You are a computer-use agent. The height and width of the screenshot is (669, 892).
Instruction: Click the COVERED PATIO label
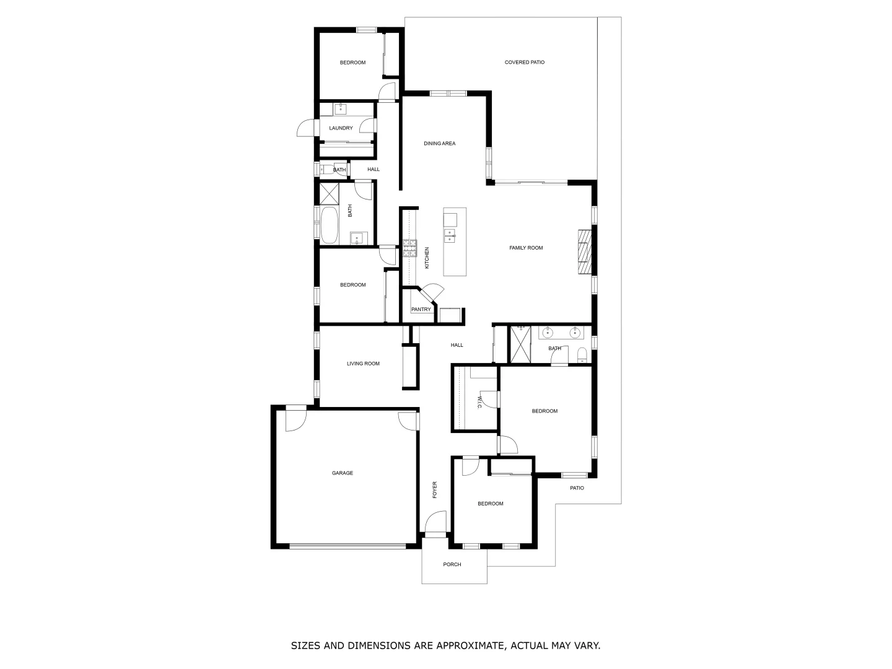click(x=524, y=62)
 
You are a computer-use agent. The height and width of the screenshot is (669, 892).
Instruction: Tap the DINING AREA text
click(x=439, y=144)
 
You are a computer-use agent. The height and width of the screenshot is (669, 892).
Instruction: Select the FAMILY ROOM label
click(x=526, y=248)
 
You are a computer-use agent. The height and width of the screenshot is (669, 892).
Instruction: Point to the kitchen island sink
click(x=450, y=235)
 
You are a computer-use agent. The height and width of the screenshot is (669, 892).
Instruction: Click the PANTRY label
click(x=421, y=310)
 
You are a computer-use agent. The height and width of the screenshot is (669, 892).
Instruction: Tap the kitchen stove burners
click(x=409, y=248)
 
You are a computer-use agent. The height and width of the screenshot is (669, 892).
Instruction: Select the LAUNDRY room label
click(x=341, y=128)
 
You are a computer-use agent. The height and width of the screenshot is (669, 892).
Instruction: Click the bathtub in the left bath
click(x=328, y=225)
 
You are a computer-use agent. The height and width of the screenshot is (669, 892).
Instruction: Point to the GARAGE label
click(x=342, y=473)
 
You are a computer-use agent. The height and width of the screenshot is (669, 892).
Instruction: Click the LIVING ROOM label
click(x=363, y=364)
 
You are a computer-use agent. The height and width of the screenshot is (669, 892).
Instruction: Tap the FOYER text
click(x=435, y=489)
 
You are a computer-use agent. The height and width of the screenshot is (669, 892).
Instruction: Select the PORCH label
click(x=452, y=564)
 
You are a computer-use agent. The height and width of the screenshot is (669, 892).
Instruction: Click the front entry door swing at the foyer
click(x=436, y=523)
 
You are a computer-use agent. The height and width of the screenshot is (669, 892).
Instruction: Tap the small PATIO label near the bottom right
click(x=577, y=488)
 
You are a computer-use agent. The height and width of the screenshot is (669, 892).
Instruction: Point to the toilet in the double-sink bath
click(x=582, y=355)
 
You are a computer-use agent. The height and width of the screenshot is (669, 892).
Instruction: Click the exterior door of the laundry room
click(x=306, y=128)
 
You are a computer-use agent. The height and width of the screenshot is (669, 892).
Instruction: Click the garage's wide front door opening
click(x=348, y=546)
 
